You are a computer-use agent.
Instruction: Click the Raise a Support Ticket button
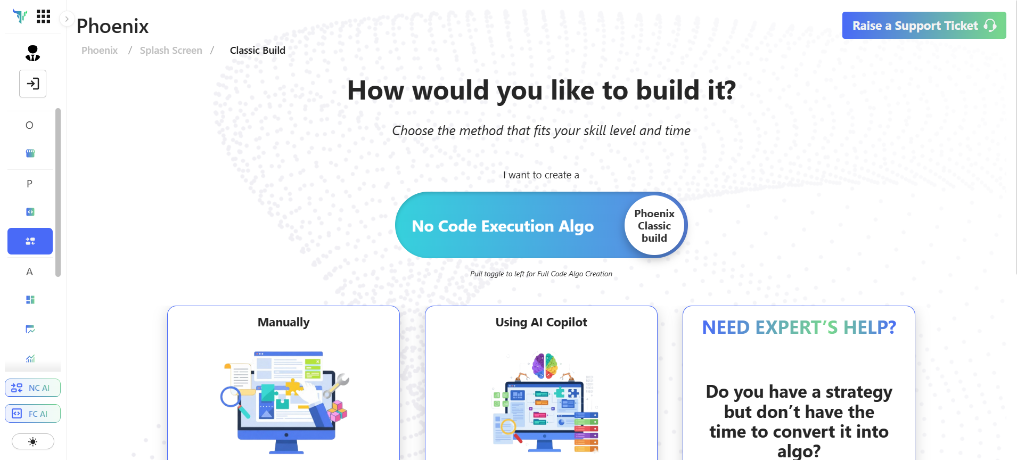[x=923, y=26]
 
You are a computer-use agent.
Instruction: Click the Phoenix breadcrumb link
[x=100, y=51]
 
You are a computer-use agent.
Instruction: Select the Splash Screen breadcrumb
[x=171, y=51]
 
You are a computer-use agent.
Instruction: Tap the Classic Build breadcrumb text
[x=257, y=51]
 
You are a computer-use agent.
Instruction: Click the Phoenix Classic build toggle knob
[x=654, y=226]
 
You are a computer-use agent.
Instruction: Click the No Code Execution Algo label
[x=502, y=226]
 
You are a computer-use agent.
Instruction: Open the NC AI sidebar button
[x=32, y=388]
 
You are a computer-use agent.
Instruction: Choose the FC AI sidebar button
[x=32, y=414]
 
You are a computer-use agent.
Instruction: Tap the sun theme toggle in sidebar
[x=33, y=441]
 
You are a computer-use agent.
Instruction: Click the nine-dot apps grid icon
[x=43, y=17]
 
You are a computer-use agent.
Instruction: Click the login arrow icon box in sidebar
[x=33, y=84]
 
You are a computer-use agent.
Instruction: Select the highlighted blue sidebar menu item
[x=30, y=241]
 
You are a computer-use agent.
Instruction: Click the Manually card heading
[x=283, y=322]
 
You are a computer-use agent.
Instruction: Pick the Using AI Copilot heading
[x=541, y=322]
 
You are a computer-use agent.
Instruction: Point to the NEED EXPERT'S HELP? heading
[x=799, y=327]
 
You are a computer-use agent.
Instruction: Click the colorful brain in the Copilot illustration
[x=545, y=366]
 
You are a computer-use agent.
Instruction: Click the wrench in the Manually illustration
[x=338, y=384]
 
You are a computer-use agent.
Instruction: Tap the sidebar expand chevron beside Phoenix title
[x=67, y=19]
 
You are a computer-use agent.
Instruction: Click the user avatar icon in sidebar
[x=32, y=53]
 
